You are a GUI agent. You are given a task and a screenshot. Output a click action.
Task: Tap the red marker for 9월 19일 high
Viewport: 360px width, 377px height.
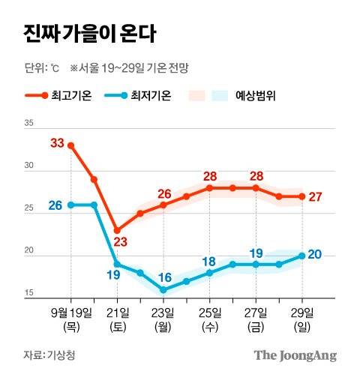pos(71,145)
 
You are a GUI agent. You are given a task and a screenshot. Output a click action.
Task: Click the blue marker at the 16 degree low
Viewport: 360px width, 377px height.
pos(163,289)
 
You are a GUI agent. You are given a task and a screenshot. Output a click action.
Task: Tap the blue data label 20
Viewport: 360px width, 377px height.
pos(315,255)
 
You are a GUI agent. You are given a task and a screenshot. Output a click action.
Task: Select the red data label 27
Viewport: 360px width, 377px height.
pos(316,196)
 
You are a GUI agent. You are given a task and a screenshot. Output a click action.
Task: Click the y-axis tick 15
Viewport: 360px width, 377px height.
pos(30,292)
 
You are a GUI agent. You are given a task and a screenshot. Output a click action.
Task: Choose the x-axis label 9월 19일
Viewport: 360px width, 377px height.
pos(72,312)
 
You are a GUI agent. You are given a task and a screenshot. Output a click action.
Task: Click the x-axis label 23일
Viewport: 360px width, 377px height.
pos(163,312)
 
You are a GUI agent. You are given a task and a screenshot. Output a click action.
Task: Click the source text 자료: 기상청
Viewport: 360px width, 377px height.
pos(49,354)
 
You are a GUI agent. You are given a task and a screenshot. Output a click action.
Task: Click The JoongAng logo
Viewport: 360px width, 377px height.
pos(294,355)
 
